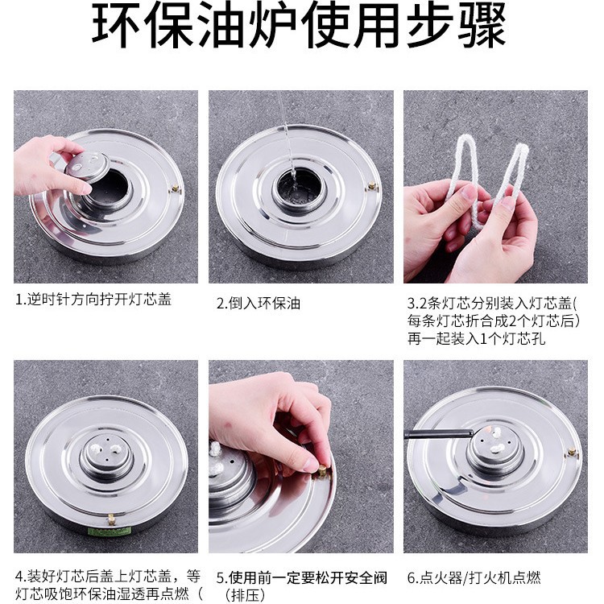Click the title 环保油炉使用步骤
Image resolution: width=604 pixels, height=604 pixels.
point(299,24)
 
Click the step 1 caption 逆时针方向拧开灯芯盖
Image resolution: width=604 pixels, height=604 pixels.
point(93,300)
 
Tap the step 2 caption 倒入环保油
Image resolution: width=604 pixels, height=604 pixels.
point(258,303)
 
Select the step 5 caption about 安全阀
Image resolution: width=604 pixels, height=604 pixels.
point(302,586)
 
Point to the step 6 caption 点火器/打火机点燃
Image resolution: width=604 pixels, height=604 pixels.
point(474,577)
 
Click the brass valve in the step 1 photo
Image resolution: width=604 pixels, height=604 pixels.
point(175,188)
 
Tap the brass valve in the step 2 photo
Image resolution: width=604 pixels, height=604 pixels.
point(372,187)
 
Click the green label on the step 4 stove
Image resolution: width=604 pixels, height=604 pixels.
point(110,532)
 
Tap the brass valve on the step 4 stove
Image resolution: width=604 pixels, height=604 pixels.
point(111,519)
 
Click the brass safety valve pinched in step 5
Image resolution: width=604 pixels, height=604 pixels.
point(322,471)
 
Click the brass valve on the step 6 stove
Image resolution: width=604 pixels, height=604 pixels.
point(572,452)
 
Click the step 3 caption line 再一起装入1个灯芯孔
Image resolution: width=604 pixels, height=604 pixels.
point(477,338)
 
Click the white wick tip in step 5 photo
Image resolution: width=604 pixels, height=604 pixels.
point(215,449)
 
